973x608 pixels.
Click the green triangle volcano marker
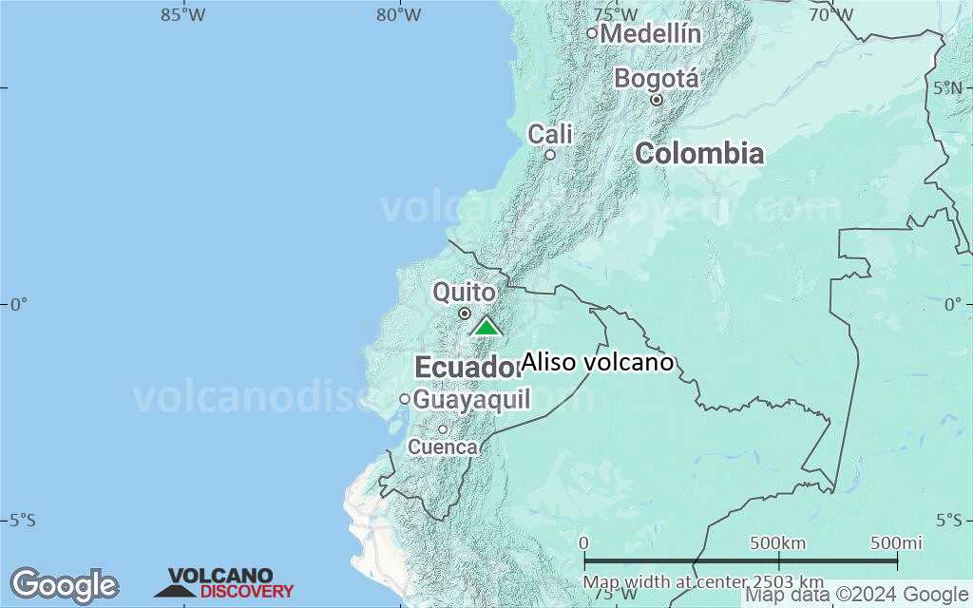(x=486, y=328)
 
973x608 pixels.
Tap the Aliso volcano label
(x=598, y=362)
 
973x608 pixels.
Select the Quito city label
(x=464, y=292)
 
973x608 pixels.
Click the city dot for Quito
(x=465, y=313)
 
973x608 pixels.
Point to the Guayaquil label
(x=471, y=400)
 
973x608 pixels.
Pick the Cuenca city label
(x=443, y=446)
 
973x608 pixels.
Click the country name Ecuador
(x=468, y=367)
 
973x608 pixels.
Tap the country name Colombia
(x=699, y=153)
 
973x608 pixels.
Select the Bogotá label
(x=657, y=78)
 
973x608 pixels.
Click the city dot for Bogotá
(x=656, y=100)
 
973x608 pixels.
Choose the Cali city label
(x=550, y=134)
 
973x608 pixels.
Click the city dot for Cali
(x=549, y=155)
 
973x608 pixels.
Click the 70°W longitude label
(x=830, y=14)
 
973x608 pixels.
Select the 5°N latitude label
(x=948, y=87)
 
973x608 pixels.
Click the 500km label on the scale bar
(x=777, y=543)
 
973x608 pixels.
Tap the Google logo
(x=64, y=585)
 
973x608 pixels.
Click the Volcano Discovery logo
(x=224, y=583)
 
